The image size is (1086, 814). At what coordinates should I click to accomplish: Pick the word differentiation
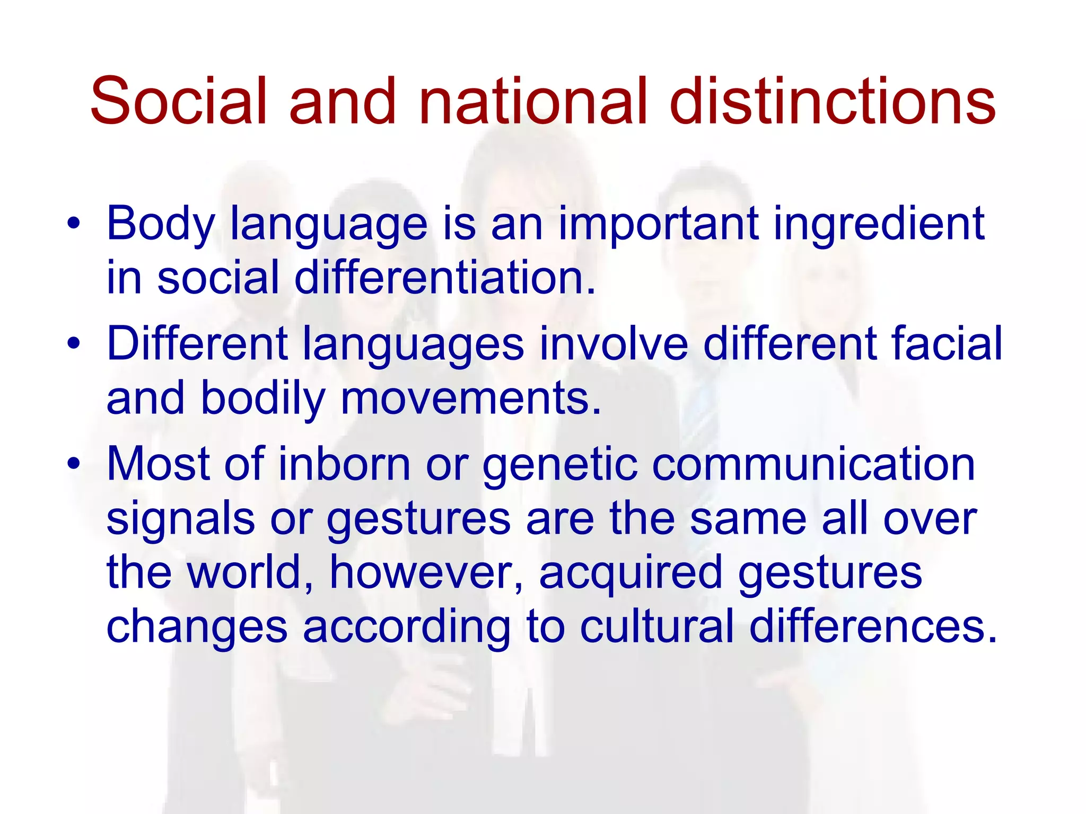pos(445,278)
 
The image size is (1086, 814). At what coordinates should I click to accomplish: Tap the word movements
pos(470,399)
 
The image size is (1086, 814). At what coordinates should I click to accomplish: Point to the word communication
pos(813,464)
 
